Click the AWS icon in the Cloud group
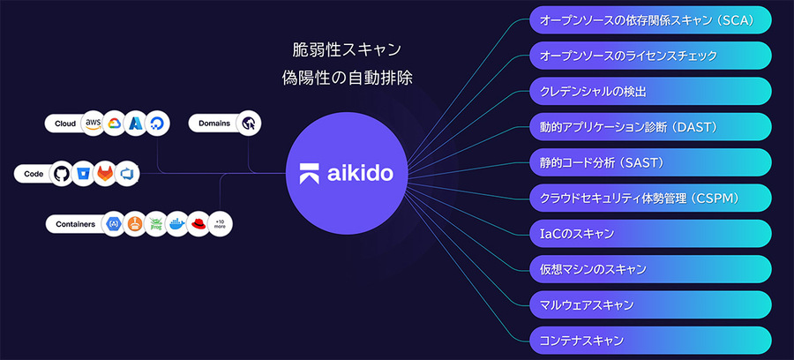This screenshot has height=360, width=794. [x=93, y=124]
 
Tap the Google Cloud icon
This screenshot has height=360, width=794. [x=115, y=124]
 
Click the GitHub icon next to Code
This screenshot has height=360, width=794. [x=61, y=174]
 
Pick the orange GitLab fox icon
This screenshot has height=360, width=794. [x=106, y=174]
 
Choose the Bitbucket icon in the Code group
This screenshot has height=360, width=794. [x=83, y=174]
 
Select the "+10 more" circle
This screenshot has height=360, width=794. [x=221, y=224]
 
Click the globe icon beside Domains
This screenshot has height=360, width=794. [x=250, y=124]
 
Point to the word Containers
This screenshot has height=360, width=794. [x=74, y=224]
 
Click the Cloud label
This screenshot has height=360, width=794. [x=65, y=124]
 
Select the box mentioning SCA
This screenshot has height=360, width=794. [x=649, y=19]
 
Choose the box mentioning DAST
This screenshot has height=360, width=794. [x=649, y=126]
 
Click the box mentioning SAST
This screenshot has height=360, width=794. [x=649, y=162]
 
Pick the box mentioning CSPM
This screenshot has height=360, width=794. [x=649, y=198]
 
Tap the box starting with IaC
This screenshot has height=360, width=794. [x=649, y=233]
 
